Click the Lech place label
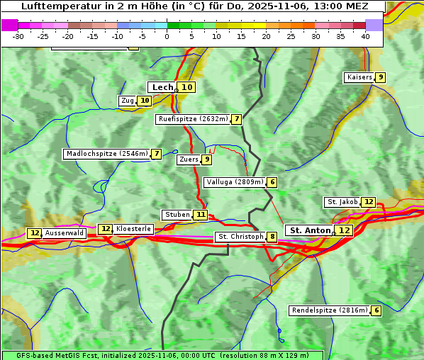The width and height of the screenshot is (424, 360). coord(162,87)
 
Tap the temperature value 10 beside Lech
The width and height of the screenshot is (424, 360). coord(186,87)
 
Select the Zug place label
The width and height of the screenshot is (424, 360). coord(128,101)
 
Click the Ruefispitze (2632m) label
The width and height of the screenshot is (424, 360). coord(193,119)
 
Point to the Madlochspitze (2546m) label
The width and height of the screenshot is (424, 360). coord(106,154)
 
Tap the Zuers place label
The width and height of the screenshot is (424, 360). coord(189,159)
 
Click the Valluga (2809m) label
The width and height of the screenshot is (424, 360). coord(235,182)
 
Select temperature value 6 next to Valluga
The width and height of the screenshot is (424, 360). coord(272,182)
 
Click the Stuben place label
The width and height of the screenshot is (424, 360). coord(177,215)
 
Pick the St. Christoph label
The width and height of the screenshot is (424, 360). coord(240,237)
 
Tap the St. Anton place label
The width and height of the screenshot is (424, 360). coord(310,230)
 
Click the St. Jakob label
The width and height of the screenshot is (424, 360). coord(342,202)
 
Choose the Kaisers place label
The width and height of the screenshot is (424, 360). coord(359,77)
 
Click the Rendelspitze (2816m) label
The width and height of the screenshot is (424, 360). coord(330,310)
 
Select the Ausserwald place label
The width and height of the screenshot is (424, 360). coord(65,233)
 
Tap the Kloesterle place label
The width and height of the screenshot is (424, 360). coord(133,229)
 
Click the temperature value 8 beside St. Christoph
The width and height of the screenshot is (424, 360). coord(272,237)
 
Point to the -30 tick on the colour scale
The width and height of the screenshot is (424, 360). coord(18,35)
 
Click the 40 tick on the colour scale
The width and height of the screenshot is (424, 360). coord(365,35)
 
